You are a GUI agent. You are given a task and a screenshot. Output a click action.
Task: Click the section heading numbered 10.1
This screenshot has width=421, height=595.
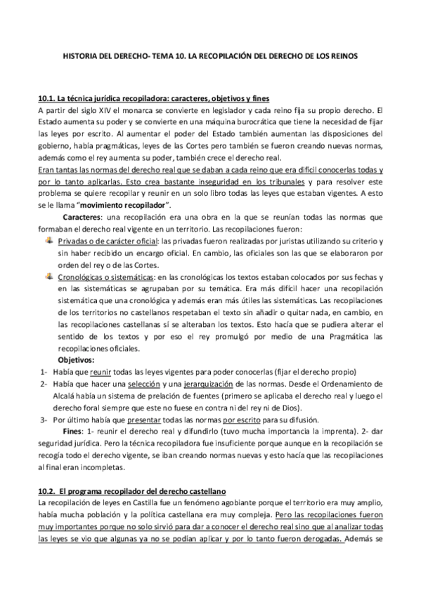point(154,98)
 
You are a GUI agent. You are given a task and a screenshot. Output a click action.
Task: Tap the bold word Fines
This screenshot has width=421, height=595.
point(73,429)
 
